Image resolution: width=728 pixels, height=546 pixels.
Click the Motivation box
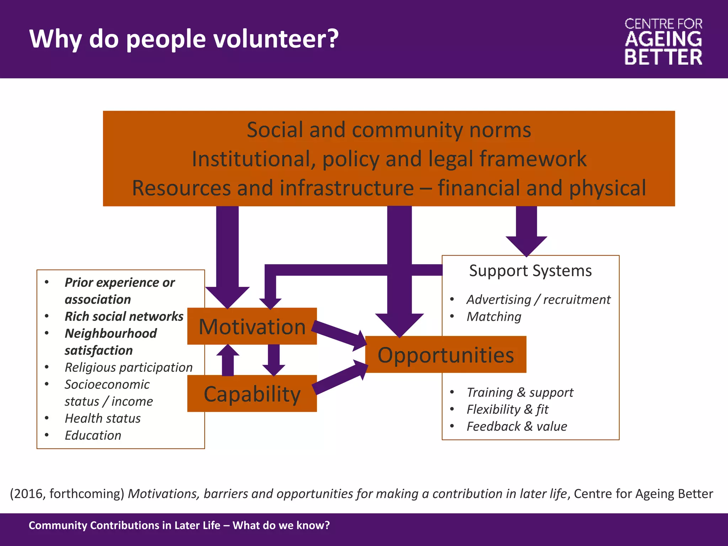point(252,326)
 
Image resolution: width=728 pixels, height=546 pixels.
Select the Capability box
point(252,394)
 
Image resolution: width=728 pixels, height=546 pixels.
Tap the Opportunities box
point(445,354)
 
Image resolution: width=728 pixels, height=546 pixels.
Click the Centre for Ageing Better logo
point(663,42)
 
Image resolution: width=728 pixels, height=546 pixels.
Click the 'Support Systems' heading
point(530,271)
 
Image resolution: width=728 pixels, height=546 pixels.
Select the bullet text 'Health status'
point(102,418)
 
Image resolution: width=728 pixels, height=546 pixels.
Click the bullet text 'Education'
point(93,435)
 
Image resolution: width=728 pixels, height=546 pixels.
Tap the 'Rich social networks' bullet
point(124,316)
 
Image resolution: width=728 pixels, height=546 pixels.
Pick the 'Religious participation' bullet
point(128,367)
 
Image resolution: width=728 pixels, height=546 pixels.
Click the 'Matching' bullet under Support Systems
point(494,316)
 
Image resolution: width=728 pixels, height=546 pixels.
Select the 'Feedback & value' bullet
point(516,426)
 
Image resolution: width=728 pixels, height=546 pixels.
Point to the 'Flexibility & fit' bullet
point(507,409)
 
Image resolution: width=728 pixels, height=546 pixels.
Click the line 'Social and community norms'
point(389,129)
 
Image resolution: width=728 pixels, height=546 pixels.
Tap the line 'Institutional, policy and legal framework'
point(389,159)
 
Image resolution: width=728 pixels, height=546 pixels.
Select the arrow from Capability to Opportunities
point(339,379)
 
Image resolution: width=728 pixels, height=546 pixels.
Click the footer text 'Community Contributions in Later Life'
point(124,525)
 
